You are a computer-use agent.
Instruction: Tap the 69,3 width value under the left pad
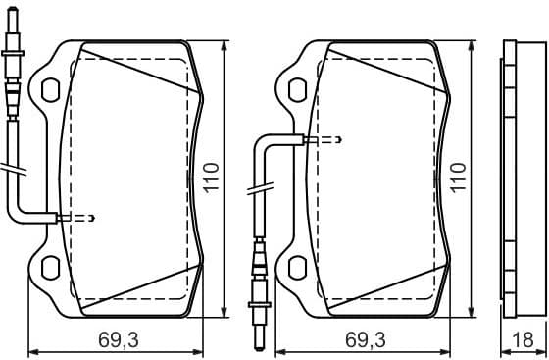tap(117, 340)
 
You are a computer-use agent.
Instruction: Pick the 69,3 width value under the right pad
tap(365, 340)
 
